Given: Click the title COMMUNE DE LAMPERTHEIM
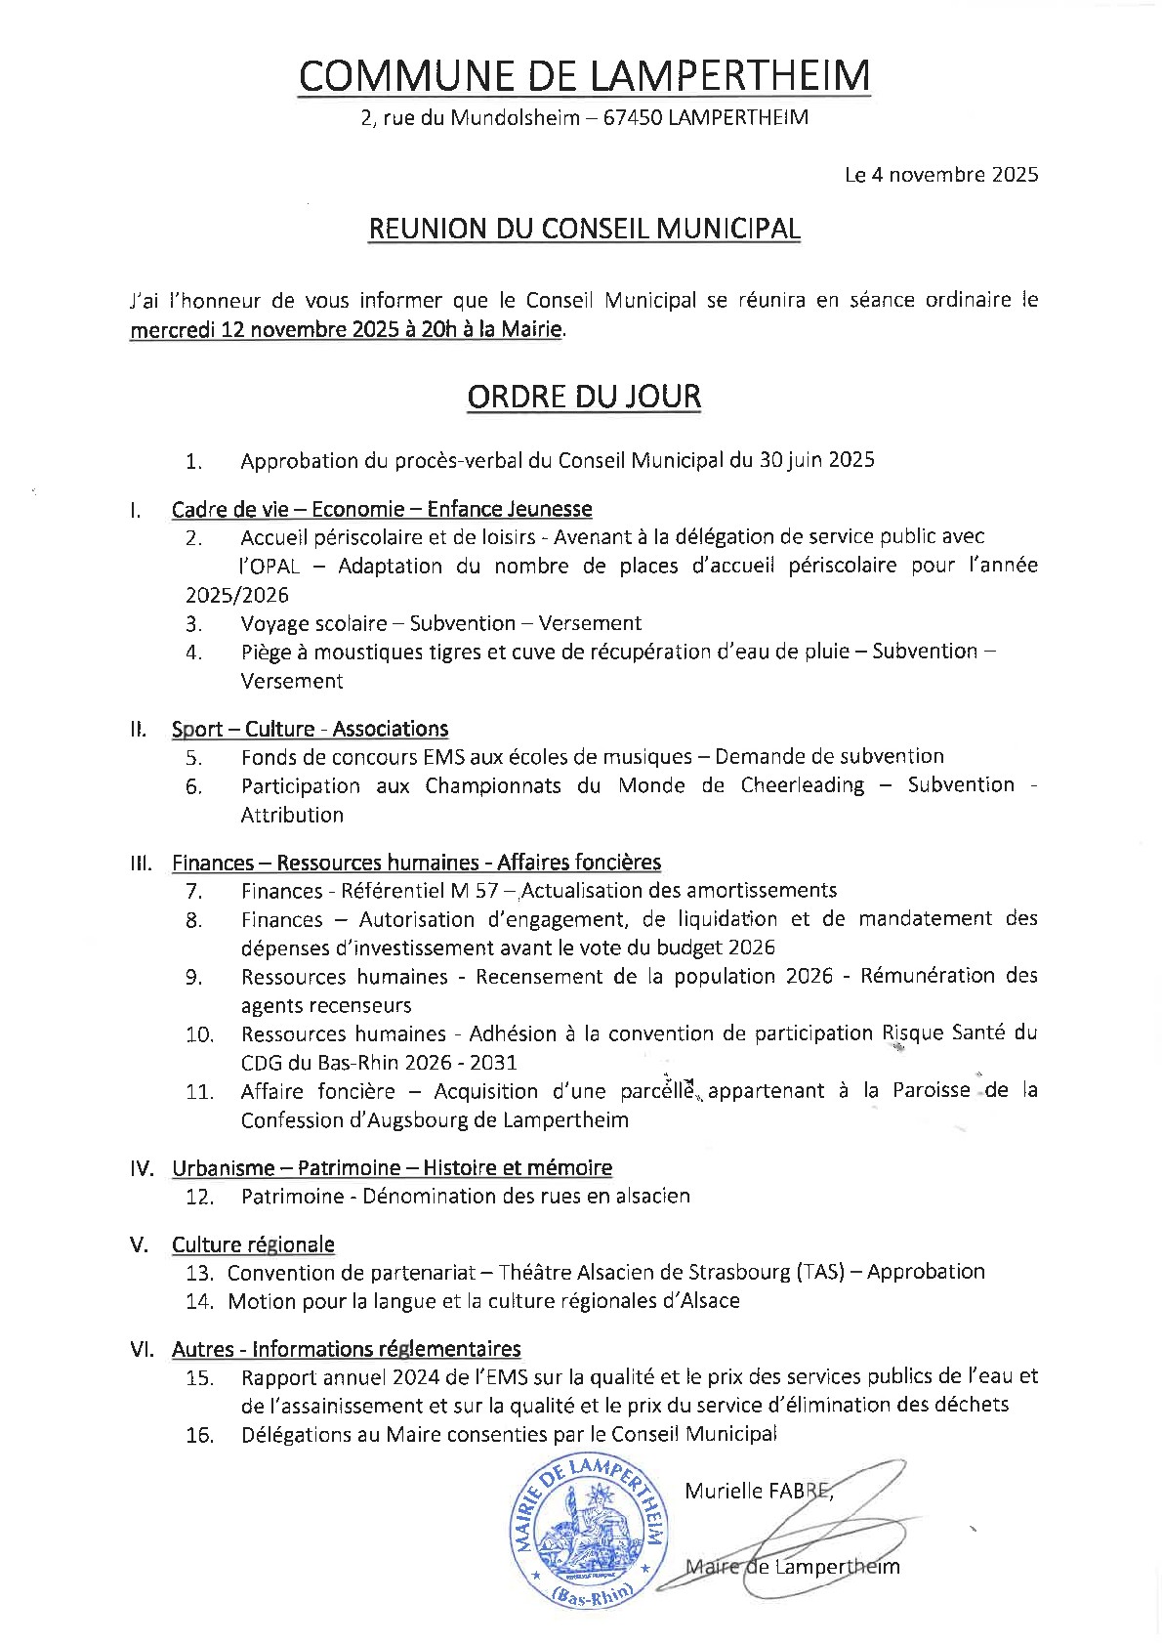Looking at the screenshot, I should coord(583,76).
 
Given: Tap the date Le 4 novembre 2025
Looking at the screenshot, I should coord(940,176).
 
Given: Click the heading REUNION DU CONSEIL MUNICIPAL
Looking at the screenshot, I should coord(583,229).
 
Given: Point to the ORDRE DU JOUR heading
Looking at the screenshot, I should coord(583,397).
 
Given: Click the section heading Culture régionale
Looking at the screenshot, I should coord(253,1244).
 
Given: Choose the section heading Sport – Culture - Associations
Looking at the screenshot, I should coord(310,729).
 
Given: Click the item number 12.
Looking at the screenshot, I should coord(199,1198).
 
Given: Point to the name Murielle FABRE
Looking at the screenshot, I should coord(757,1491).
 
